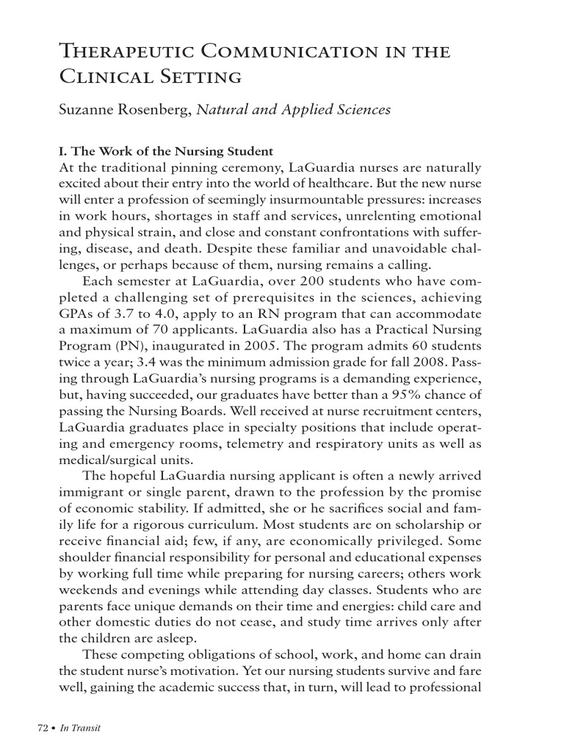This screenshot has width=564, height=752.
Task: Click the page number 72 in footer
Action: pyautogui.click(x=42, y=728)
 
